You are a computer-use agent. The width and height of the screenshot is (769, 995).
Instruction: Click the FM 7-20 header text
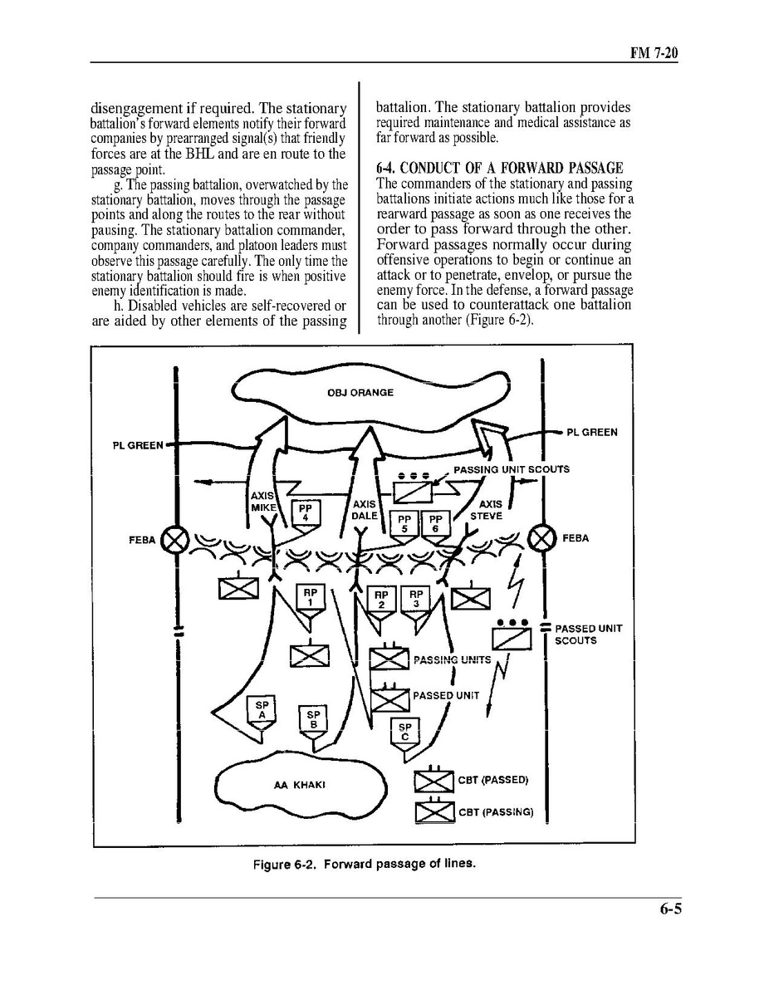(655, 53)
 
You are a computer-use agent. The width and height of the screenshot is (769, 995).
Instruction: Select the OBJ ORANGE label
(360, 393)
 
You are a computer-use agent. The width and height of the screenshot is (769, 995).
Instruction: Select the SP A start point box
(262, 709)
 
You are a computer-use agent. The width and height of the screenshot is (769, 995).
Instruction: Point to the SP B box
(313, 719)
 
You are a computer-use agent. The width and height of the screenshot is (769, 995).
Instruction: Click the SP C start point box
(404, 732)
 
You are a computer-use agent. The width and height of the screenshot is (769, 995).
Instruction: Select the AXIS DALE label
(365, 510)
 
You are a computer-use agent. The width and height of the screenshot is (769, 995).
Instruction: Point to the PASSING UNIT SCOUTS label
(511, 469)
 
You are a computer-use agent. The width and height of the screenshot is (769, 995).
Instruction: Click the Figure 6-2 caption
(365, 864)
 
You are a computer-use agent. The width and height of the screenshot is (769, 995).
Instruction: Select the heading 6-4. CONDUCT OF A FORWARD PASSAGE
(499, 168)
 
